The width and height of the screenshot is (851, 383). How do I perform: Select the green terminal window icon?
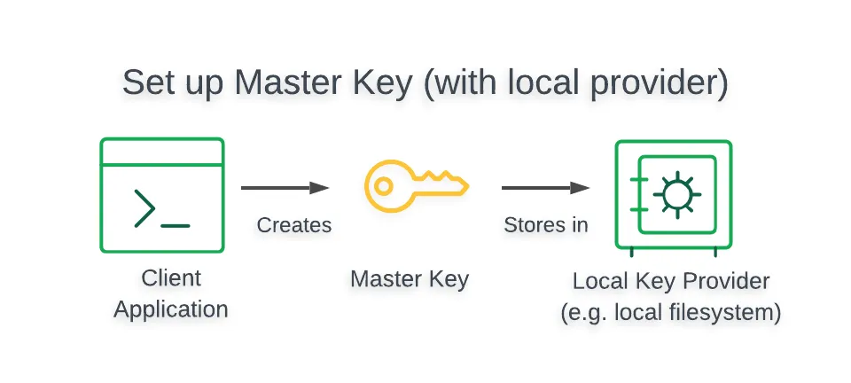pos(162,195)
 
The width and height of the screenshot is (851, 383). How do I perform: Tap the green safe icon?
pos(673,195)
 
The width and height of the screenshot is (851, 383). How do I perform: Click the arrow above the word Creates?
pos(285,188)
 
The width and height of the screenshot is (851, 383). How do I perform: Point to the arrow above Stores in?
pos(545,188)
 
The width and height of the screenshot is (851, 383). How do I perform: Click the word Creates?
pos(294,225)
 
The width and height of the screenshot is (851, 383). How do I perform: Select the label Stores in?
pos(546,225)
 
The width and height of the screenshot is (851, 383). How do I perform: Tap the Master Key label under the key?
pos(410,278)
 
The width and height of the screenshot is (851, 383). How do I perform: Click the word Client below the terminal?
pos(171,278)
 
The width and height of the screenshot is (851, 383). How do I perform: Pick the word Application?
pos(171,309)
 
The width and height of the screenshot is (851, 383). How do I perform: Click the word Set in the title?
pos(145,82)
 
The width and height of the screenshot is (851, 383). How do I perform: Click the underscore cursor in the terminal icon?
pos(176,225)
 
